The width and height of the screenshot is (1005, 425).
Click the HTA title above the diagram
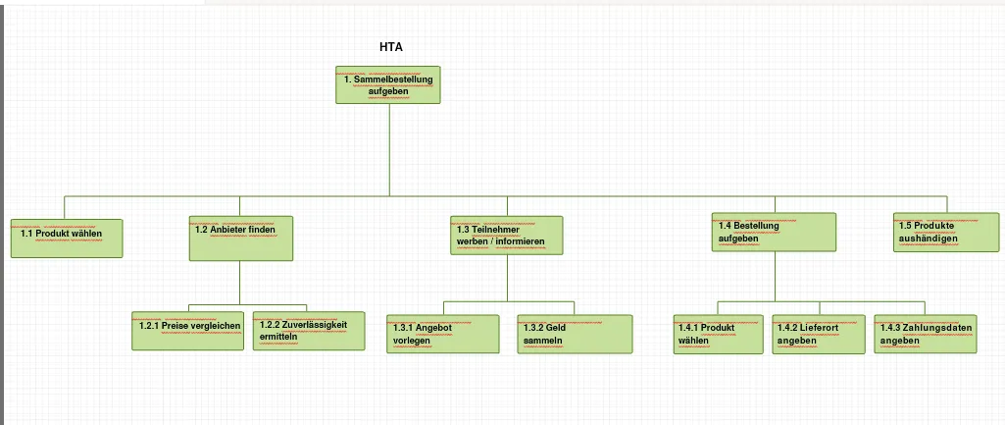(x=391, y=47)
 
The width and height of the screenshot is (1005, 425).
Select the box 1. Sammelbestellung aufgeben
(x=388, y=84)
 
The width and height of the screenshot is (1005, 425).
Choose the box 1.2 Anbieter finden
(x=241, y=239)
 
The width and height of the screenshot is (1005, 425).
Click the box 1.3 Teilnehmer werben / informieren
(x=507, y=236)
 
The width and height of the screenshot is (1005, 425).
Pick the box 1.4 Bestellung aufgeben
(x=774, y=233)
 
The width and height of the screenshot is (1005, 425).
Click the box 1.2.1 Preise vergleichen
(x=188, y=331)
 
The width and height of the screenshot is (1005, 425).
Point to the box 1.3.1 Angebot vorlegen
(x=443, y=334)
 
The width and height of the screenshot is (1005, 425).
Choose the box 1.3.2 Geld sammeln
(x=576, y=334)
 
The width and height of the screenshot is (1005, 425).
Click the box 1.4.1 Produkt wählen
(x=718, y=334)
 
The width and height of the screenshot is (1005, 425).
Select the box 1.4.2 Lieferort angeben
(x=821, y=334)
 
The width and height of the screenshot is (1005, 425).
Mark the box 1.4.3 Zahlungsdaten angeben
(x=926, y=334)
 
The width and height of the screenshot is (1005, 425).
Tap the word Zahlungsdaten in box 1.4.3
(x=941, y=327)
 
